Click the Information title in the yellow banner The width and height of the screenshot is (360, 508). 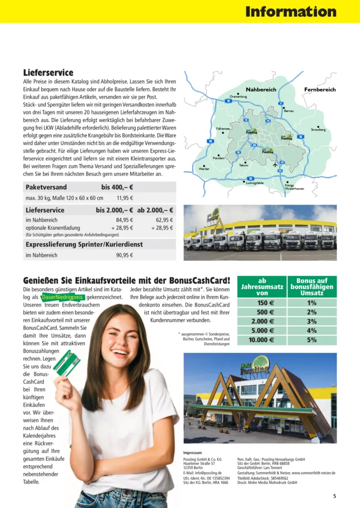click(291, 11)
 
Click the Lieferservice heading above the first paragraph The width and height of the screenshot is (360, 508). click(48, 72)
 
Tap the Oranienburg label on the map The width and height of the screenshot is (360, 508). click(238, 96)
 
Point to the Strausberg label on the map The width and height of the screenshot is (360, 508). click(318, 130)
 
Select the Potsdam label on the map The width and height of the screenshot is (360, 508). click(218, 158)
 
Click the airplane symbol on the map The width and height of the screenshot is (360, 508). click(275, 165)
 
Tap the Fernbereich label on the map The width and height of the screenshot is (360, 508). click(319, 90)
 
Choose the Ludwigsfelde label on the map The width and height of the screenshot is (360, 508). click(254, 183)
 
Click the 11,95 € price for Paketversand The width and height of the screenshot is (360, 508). click(125, 198)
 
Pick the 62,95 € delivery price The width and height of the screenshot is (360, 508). click(164, 220)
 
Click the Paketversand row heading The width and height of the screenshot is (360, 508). click(46, 187)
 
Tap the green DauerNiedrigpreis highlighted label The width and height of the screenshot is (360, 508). click(63, 297)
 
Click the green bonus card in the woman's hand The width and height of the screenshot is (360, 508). click(67, 364)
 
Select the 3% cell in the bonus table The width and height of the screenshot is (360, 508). click(311, 321)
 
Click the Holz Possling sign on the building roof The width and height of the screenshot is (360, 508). click(255, 366)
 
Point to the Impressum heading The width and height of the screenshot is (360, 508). click(193, 453)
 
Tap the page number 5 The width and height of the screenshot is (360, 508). click(334, 496)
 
